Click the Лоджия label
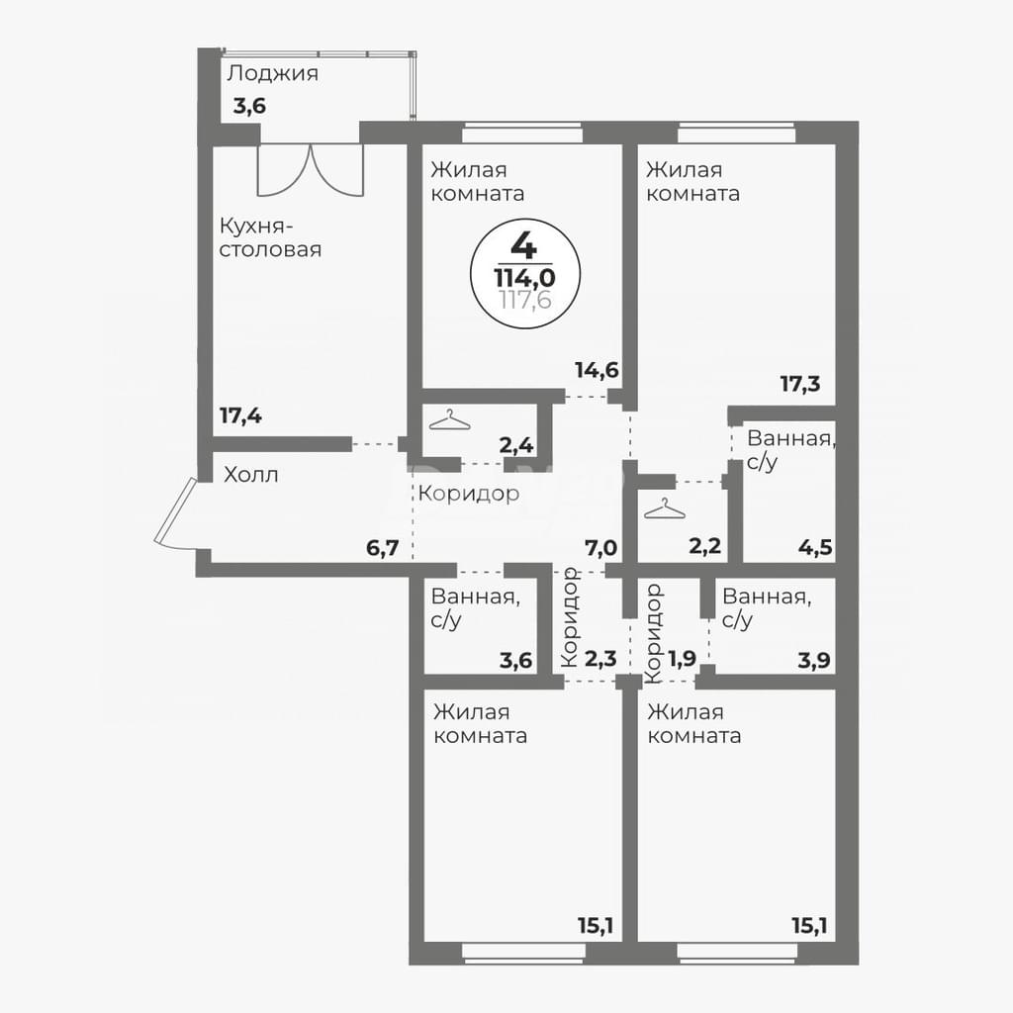pyautogui.click(x=273, y=74)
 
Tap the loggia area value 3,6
pyautogui.click(x=249, y=106)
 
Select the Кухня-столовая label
pyautogui.click(x=270, y=237)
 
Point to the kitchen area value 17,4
pyautogui.click(x=240, y=415)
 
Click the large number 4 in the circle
pyautogui.click(x=523, y=244)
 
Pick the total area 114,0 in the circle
pyautogui.click(x=524, y=278)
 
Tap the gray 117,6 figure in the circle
pyautogui.click(x=525, y=300)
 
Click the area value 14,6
pyautogui.click(x=597, y=370)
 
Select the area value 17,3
pyautogui.click(x=800, y=384)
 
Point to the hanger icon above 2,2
pyautogui.click(x=665, y=508)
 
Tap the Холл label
pyautogui.click(x=250, y=476)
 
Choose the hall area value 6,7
pyautogui.click(x=382, y=549)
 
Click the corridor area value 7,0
pyautogui.click(x=600, y=549)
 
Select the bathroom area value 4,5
pyautogui.click(x=816, y=549)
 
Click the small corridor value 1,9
pyautogui.click(x=683, y=658)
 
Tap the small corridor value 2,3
pyautogui.click(x=600, y=660)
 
